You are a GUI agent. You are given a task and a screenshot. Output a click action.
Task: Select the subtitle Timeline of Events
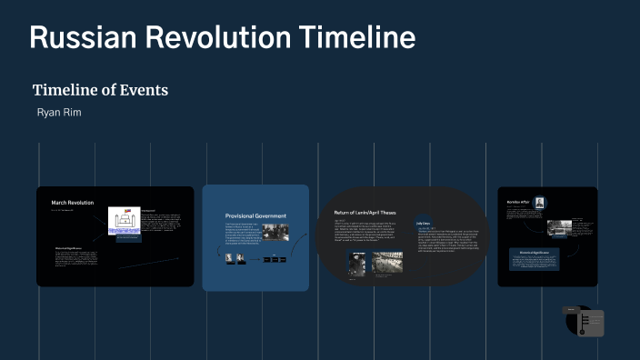(100, 90)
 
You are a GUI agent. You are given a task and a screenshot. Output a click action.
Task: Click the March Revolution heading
(72, 202)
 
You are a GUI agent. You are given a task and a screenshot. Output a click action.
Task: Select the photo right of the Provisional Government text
(275, 232)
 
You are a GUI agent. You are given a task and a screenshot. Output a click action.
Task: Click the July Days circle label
(424, 222)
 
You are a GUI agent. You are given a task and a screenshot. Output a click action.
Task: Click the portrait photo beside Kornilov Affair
(540, 203)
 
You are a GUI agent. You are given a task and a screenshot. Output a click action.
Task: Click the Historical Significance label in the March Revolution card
(69, 248)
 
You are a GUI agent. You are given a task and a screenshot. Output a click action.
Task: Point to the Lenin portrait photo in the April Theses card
(356, 263)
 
